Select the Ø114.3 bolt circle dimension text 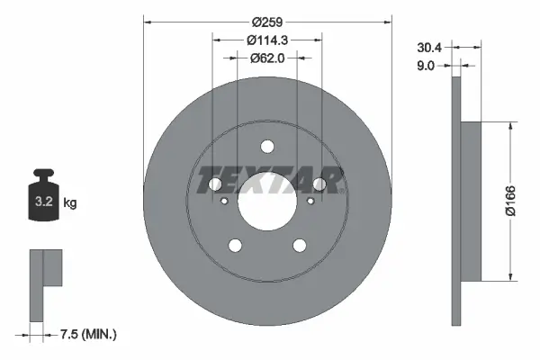tap(267, 40)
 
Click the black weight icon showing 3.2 tap(43, 192)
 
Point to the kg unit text tap(70, 203)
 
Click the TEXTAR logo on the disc tap(267, 179)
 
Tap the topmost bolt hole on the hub tap(267, 148)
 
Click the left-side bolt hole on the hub tap(215, 184)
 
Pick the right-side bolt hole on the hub tap(319, 184)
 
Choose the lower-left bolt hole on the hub tap(235, 246)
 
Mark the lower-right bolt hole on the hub tap(299, 246)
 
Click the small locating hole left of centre tap(224, 202)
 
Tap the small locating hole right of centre tap(310, 202)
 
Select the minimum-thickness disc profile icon tap(45, 283)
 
